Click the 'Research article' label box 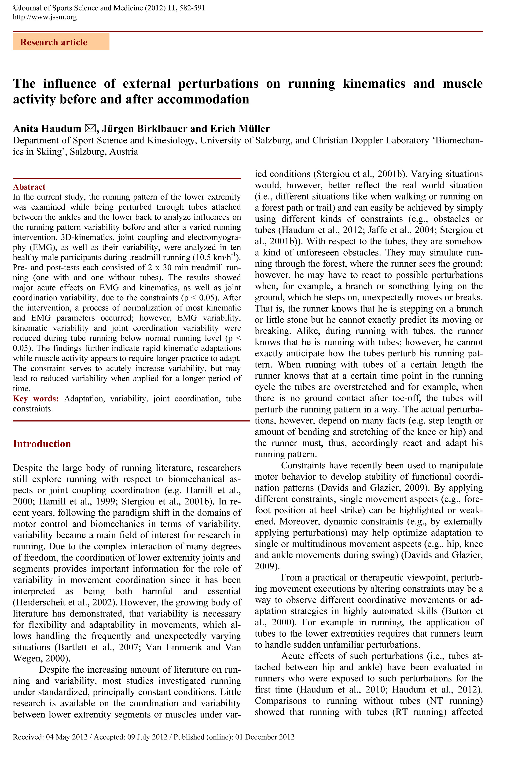tap(61, 42)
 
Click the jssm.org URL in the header tap(45, 17)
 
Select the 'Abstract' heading tap(29, 187)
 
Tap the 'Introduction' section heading tap(42, 444)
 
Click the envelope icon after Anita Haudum tap(90, 128)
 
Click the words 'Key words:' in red tap(36, 398)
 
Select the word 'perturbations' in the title tap(218, 84)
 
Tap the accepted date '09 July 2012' tap(147, 737)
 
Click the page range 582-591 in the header tap(192, 7)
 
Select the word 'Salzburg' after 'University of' tap(272, 141)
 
